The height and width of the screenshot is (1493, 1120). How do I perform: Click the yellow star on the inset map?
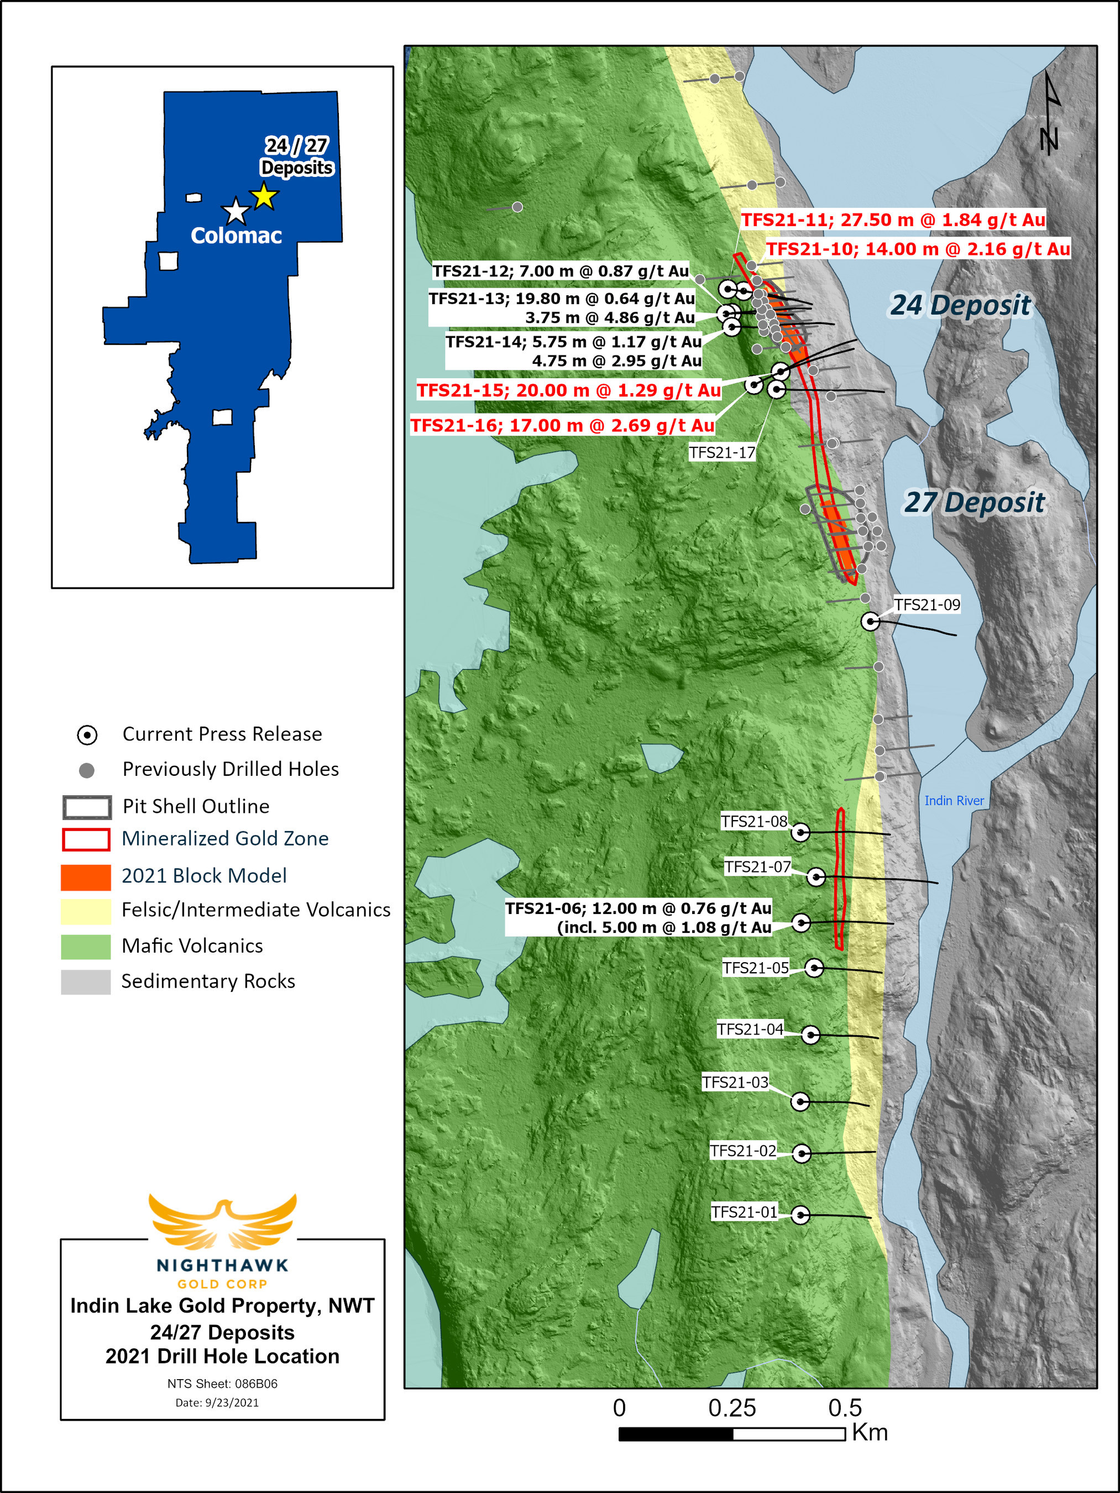click(x=264, y=196)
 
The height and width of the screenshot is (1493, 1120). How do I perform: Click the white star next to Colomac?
click(x=235, y=211)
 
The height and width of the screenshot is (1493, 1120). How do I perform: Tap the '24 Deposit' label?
click(x=960, y=305)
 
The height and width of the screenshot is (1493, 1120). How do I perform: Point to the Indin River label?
click(x=954, y=801)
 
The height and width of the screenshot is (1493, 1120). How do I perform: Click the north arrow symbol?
click(x=1050, y=113)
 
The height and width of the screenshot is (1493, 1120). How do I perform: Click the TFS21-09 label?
click(x=927, y=605)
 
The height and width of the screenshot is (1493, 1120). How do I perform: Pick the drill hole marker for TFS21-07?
click(x=817, y=877)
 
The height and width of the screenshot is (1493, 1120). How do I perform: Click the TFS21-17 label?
click(x=721, y=452)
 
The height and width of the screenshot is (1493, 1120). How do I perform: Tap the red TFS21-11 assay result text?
click(x=893, y=220)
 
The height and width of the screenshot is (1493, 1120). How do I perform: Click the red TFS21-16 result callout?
click(x=562, y=425)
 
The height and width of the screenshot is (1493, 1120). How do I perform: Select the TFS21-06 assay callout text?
click(x=638, y=917)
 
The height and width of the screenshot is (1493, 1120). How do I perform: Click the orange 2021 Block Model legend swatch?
click(x=86, y=877)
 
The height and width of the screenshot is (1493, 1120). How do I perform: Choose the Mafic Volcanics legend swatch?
click(x=86, y=946)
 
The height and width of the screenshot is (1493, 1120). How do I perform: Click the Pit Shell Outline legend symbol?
click(x=86, y=807)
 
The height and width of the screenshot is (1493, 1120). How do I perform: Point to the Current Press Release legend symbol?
click(x=87, y=735)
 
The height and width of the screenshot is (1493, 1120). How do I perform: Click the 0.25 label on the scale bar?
click(x=731, y=1408)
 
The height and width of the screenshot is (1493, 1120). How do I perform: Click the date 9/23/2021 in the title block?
click(x=217, y=1402)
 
